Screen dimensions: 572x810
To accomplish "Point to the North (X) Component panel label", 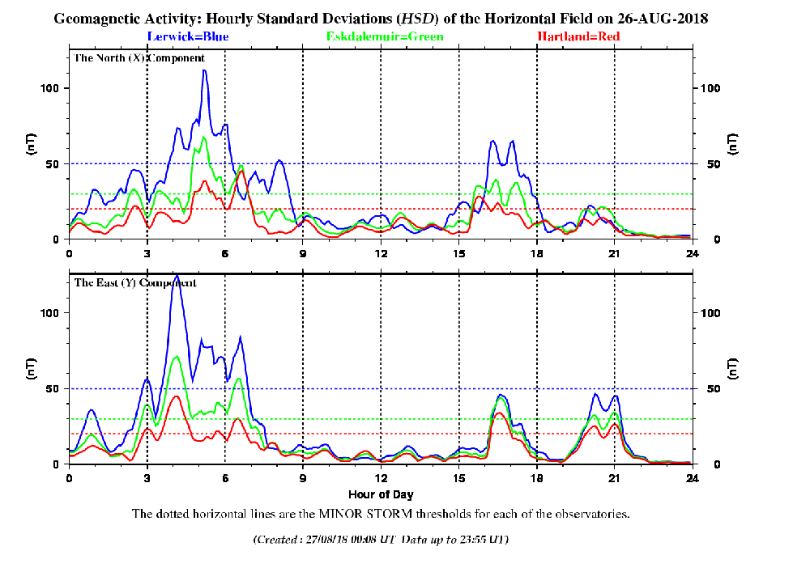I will click(x=139, y=58).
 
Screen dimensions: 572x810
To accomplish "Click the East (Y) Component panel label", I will click(x=135, y=283).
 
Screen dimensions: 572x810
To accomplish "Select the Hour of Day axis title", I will click(x=381, y=494).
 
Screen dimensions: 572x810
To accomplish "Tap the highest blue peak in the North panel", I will click(x=204, y=71).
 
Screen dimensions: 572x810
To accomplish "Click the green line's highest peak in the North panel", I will click(x=204, y=138).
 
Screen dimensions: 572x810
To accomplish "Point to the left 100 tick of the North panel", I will click(x=51, y=88).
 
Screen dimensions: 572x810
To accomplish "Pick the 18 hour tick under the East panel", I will click(x=536, y=477).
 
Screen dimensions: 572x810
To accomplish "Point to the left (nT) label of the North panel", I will click(x=32, y=146).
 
